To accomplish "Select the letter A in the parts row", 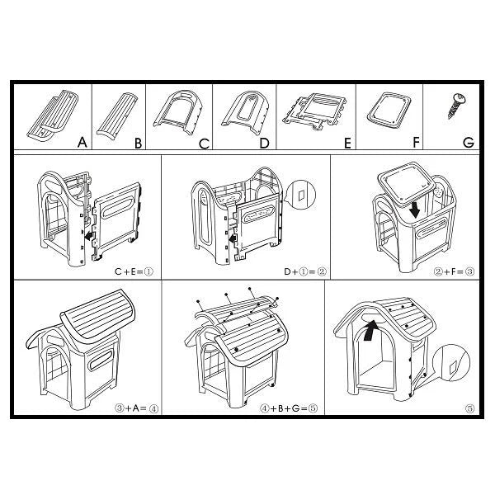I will coord(82,143).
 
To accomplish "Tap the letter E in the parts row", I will coord(347,143).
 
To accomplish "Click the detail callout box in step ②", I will coord(300,196).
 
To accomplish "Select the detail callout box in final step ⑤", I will coord(450,360).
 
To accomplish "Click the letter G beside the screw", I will coord(468,143).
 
